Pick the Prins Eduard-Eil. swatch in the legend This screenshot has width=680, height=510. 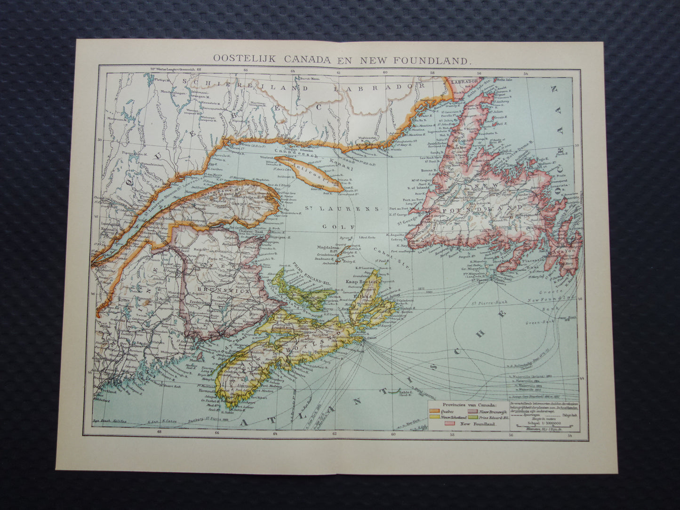tap(472, 416)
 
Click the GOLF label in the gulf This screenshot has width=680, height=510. tap(332, 226)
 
